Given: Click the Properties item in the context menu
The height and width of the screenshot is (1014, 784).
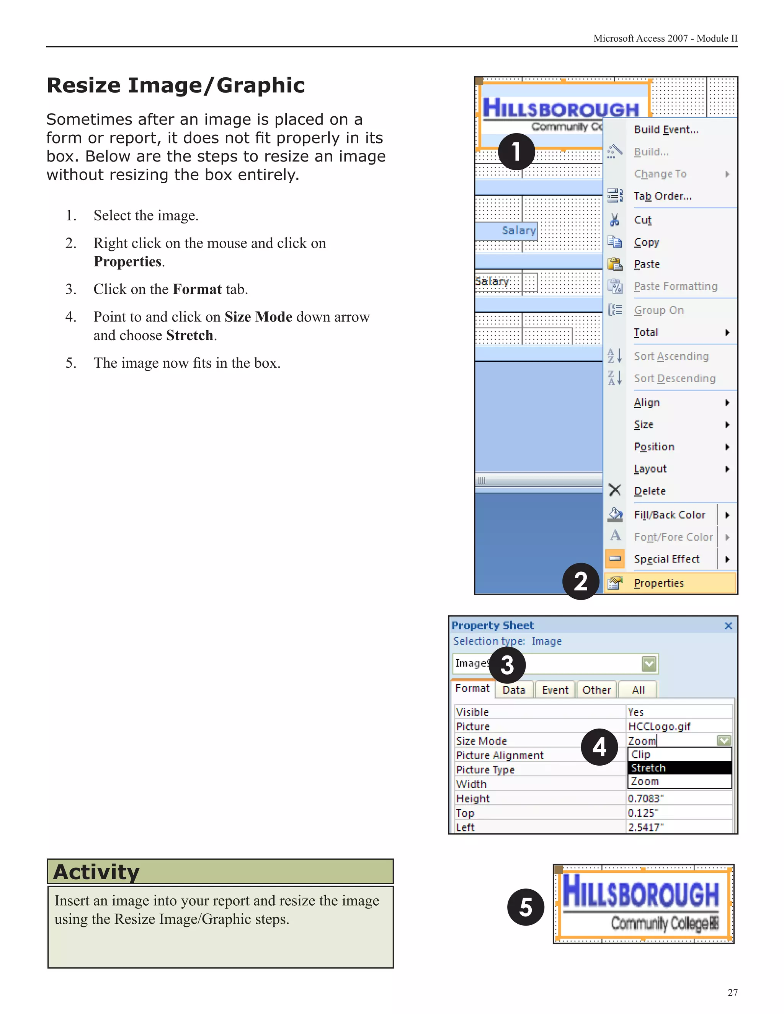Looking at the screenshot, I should click(x=658, y=583).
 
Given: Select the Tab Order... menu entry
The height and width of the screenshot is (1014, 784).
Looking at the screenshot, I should click(x=663, y=196).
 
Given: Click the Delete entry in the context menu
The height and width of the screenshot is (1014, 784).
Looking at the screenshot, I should click(x=650, y=491).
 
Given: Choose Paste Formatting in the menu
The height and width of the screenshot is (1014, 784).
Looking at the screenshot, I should click(x=676, y=287).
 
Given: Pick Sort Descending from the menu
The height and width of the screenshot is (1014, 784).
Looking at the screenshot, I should click(x=675, y=378).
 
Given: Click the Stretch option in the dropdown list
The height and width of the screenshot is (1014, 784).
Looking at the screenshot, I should click(x=648, y=768).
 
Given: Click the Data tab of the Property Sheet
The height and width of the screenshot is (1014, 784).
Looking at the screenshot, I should click(x=514, y=690).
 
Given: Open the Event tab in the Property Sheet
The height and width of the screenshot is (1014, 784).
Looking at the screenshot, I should click(x=555, y=690).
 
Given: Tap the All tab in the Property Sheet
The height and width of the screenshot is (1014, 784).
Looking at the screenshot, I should click(x=638, y=690).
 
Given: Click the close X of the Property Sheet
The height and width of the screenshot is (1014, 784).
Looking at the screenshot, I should click(x=728, y=626).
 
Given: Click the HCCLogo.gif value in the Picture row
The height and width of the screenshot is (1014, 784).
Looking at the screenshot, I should click(x=660, y=727).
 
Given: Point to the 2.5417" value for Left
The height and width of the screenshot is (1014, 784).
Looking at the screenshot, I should click(x=645, y=827).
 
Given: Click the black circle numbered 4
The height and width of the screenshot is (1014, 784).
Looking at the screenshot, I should click(x=599, y=747).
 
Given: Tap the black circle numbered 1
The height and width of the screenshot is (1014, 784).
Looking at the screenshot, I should click(x=516, y=152).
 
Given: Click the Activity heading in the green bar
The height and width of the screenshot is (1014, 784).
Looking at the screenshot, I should click(x=96, y=872).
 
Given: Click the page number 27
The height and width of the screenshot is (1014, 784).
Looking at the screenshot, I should click(x=732, y=993).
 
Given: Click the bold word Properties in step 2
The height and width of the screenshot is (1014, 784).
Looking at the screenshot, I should click(x=127, y=261).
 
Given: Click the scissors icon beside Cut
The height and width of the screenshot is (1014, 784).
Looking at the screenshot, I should click(x=614, y=220).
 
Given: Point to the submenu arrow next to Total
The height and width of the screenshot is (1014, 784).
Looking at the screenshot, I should click(x=727, y=333).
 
